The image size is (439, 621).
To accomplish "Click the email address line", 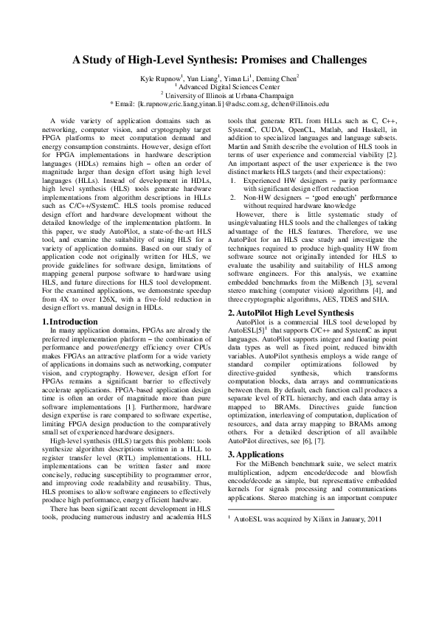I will tap(219, 103).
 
